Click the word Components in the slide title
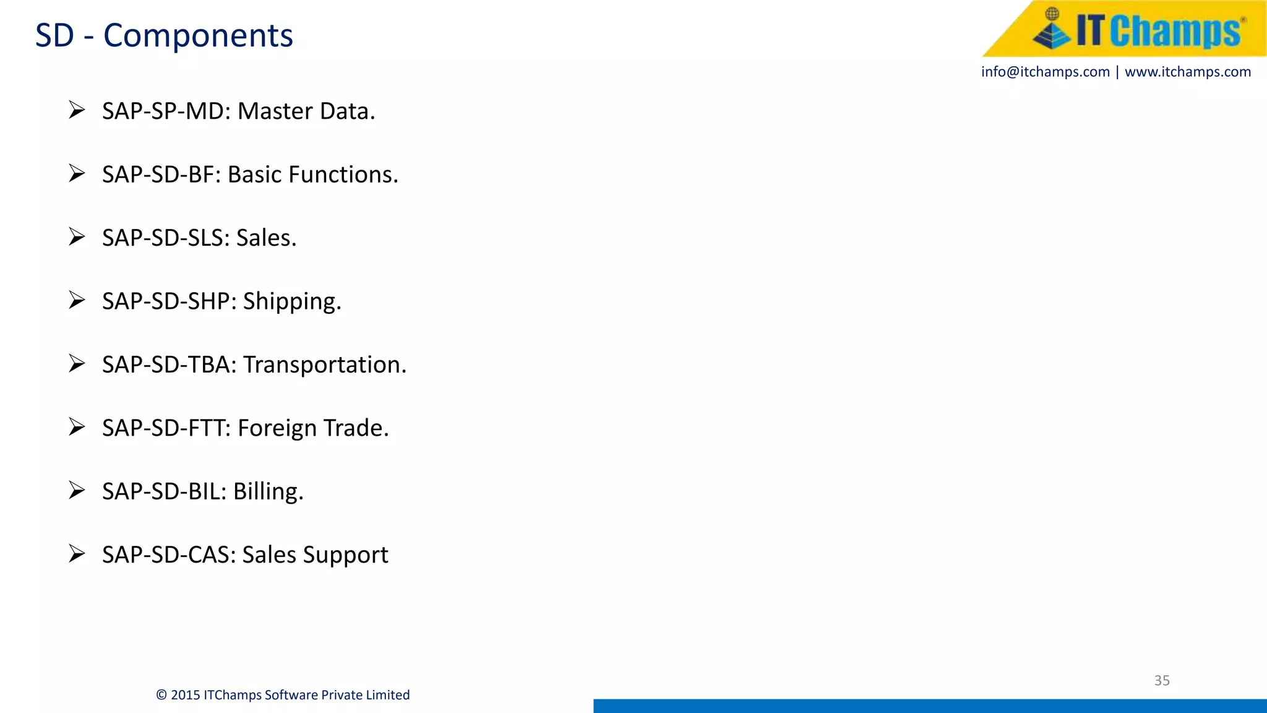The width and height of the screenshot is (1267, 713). click(x=198, y=36)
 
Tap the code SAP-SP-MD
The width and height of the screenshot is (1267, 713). click(x=166, y=111)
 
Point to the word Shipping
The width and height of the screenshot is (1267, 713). click(x=291, y=301)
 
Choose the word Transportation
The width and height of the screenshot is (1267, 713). click(x=325, y=365)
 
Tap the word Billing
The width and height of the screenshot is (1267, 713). click(x=268, y=491)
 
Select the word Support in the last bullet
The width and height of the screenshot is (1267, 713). click(x=353, y=555)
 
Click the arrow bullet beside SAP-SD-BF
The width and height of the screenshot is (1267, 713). click(x=77, y=173)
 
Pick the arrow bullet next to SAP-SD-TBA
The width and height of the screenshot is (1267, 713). click(x=77, y=363)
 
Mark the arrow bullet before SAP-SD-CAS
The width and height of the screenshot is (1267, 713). click(x=77, y=553)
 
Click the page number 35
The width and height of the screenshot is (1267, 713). click(x=1162, y=680)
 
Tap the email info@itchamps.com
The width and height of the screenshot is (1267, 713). click(x=1045, y=72)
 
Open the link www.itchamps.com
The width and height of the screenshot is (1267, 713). click(x=1187, y=72)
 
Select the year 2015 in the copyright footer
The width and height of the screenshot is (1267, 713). click(x=185, y=695)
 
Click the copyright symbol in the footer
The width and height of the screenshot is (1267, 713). click(x=161, y=695)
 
